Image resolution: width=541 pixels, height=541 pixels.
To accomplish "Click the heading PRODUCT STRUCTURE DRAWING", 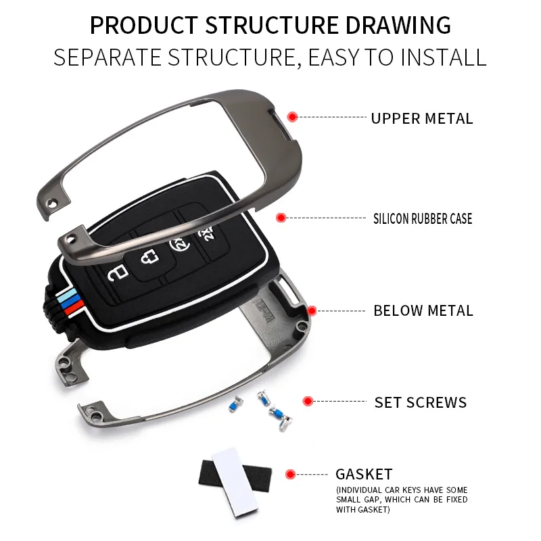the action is [270, 25].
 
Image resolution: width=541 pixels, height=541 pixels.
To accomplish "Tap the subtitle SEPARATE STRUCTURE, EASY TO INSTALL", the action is [270, 57].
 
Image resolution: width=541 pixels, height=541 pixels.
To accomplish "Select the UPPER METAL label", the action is [421, 118].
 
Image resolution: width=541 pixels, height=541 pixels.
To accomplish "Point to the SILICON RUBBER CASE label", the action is [423, 218].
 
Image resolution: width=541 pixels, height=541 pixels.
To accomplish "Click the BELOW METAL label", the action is [423, 311].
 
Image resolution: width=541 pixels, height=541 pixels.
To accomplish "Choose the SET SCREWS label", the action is [421, 402].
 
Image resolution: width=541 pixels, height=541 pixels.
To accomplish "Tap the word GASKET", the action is [364, 474].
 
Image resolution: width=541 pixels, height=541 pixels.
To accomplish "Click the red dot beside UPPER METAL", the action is [292, 117].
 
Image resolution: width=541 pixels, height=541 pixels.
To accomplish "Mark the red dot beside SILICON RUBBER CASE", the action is [281, 218].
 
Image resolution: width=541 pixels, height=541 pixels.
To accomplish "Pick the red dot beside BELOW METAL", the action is [312, 310].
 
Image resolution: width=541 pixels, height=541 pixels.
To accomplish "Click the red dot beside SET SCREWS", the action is [308, 402].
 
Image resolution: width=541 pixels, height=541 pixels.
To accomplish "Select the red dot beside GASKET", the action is [291, 474].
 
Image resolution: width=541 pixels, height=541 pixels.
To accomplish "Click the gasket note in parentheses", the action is [402, 499].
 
